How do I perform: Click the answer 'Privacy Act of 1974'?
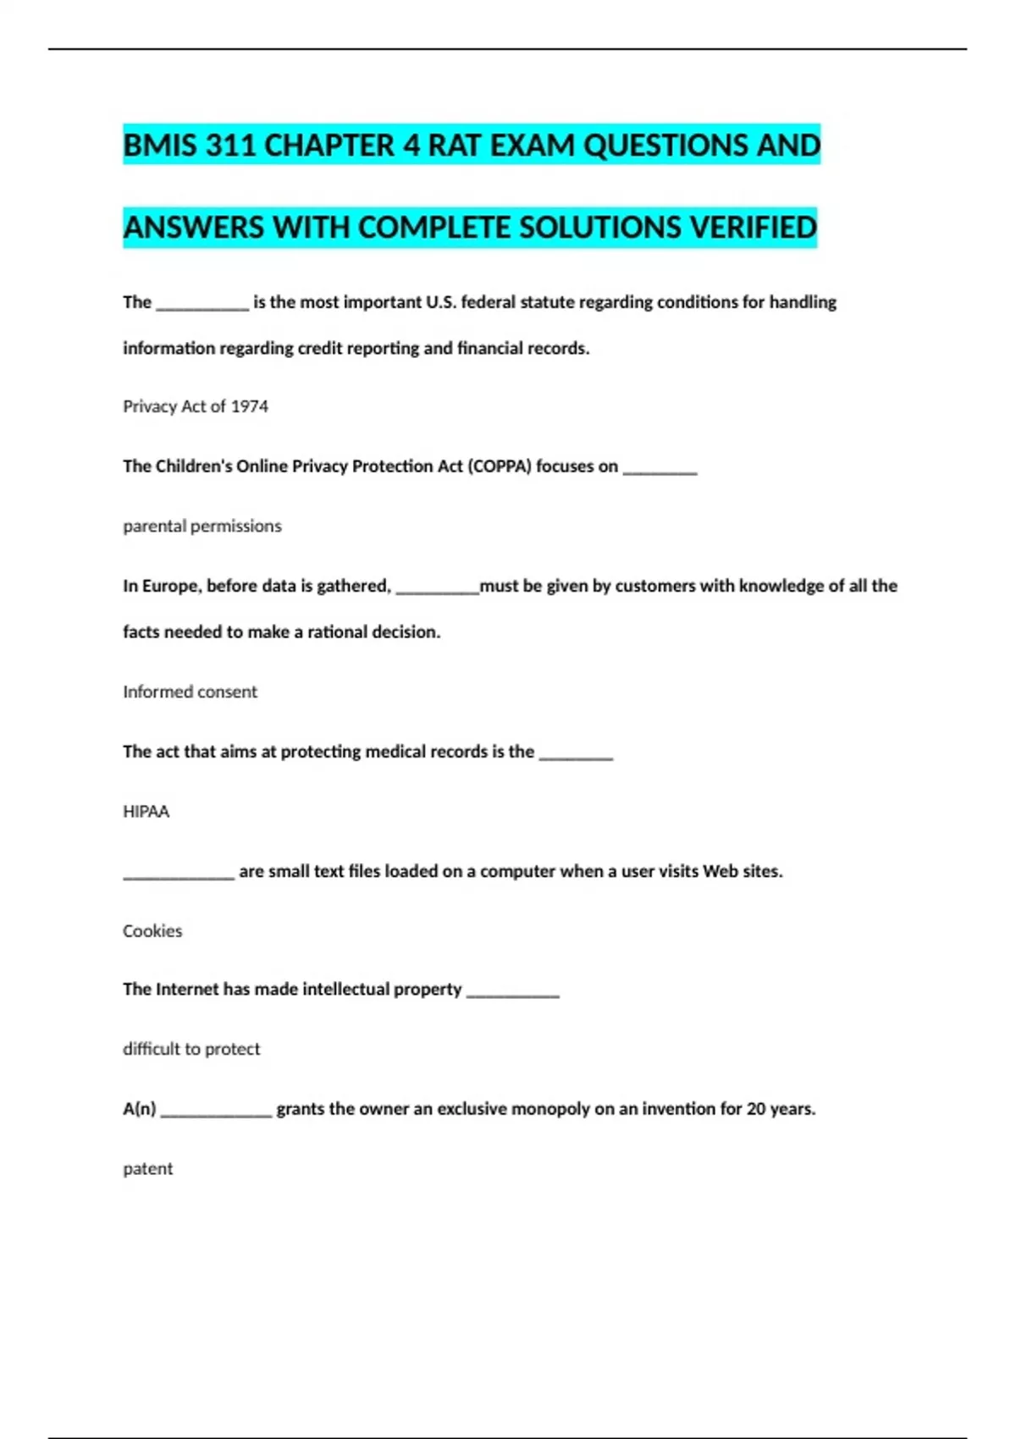coord(196,406)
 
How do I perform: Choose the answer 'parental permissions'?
coord(202,526)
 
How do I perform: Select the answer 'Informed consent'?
coord(190,692)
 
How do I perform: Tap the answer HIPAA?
coord(146,812)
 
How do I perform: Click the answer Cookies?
coord(152,931)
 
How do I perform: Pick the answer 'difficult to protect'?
coord(191,1049)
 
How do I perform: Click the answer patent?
coord(147,1169)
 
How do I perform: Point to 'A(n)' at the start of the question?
coord(140,1109)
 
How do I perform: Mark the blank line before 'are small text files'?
coord(179,877)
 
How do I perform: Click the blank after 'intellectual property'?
coord(513,995)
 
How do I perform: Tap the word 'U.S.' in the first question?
coord(441,302)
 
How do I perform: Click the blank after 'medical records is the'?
coord(576,757)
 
